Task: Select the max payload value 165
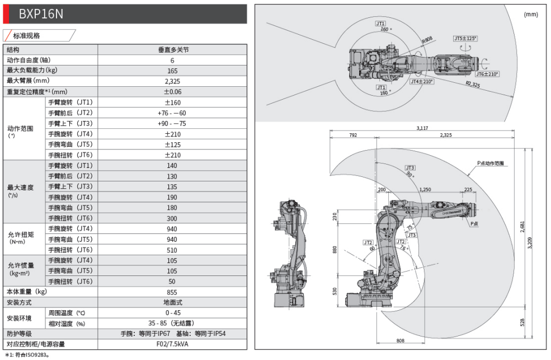[x=172, y=71]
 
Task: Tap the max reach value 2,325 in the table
[x=172, y=81]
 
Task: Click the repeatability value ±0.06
[x=172, y=92]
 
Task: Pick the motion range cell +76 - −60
[x=172, y=113]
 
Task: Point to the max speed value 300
[x=172, y=218]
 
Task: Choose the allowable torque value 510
[x=172, y=250]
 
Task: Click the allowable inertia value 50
[x=172, y=282]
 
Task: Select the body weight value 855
[x=172, y=292]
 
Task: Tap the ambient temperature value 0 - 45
[x=172, y=313]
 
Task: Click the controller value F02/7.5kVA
[x=172, y=344]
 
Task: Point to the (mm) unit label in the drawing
[x=531, y=15]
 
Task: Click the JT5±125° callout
[x=465, y=39]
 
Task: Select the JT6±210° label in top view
[x=487, y=74]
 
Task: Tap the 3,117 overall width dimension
[x=422, y=128]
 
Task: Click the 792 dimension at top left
[x=353, y=135]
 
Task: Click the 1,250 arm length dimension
[x=425, y=190]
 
